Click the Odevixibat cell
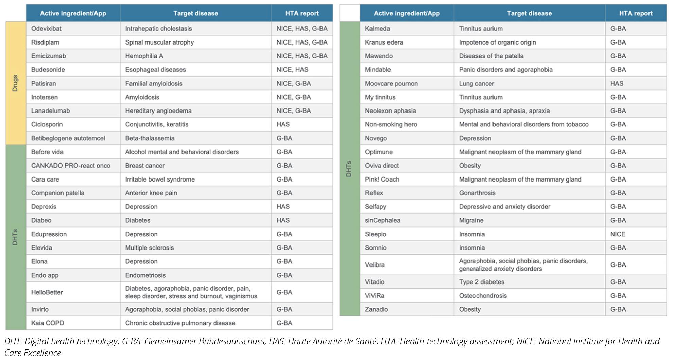pos(47,29)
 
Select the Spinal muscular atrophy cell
pos(159,42)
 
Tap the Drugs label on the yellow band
pos(15,83)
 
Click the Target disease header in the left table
pos(195,13)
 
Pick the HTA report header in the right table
pos(636,13)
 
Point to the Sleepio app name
pos(376,234)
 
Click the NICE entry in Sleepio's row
pos(618,234)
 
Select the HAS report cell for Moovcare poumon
pos(617,84)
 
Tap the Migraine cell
pos(471,220)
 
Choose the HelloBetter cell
pos(47,292)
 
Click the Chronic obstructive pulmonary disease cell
pos(180,323)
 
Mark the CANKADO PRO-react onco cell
pos(71,166)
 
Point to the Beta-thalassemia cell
pos(150,138)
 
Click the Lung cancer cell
pos(477,84)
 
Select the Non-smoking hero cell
pos(391,124)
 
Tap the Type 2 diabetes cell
pos(482,282)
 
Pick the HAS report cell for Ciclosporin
pos(283,124)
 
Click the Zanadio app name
pos(376,309)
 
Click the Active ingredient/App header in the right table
pos(406,13)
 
